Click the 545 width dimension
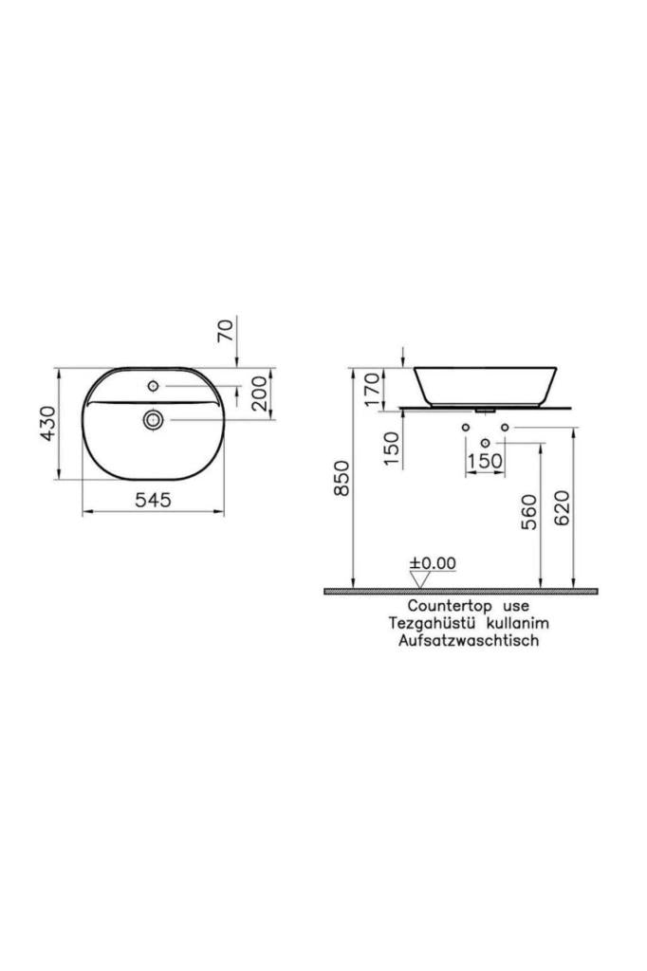153,501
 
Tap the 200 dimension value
259,391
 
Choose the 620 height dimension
563,509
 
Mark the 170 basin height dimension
372,388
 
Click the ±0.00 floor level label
433,562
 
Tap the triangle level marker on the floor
421,578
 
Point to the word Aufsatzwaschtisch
470,641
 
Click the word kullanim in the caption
518,623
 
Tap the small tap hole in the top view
153,386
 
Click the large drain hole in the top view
153,418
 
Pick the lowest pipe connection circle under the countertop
486,443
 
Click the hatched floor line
461,591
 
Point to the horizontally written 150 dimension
486,460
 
